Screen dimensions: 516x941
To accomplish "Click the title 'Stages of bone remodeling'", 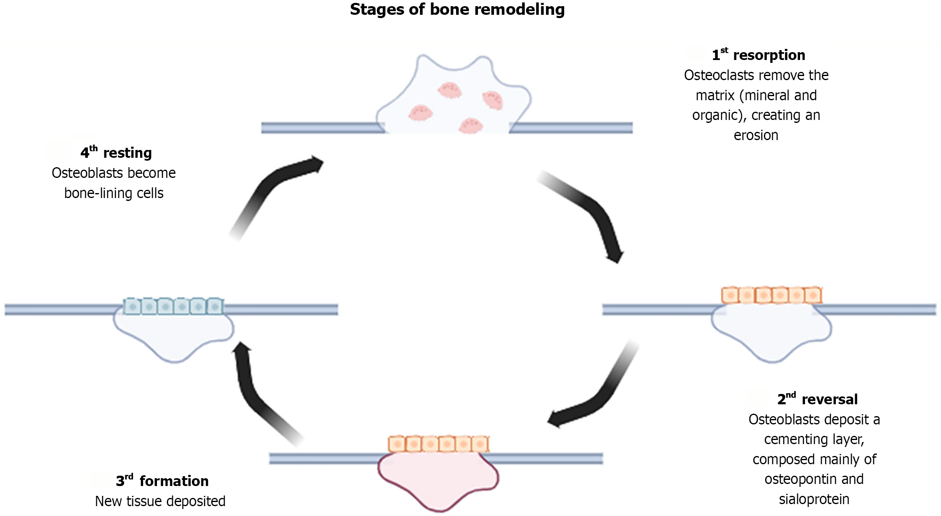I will [x=457, y=10].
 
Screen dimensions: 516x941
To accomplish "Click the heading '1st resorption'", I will [x=759, y=55].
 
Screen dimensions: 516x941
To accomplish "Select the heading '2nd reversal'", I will [x=817, y=399].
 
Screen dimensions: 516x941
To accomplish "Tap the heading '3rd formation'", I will [x=162, y=481].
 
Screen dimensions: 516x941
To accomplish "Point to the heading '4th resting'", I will [x=116, y=153].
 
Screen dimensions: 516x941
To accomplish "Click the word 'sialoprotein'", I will [x=814, y=500].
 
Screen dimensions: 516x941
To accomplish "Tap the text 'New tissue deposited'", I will [x=160, y=502].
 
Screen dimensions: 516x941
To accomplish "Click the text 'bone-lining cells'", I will [x=114, y=193].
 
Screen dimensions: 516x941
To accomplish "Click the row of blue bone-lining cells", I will [x=173, y=306].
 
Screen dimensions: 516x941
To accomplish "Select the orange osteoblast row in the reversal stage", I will [x=771, y=295].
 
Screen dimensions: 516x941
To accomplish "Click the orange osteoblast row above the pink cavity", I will [x=438, y=444].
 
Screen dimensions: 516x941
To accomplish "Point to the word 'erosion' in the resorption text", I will [x=756, y=136].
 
